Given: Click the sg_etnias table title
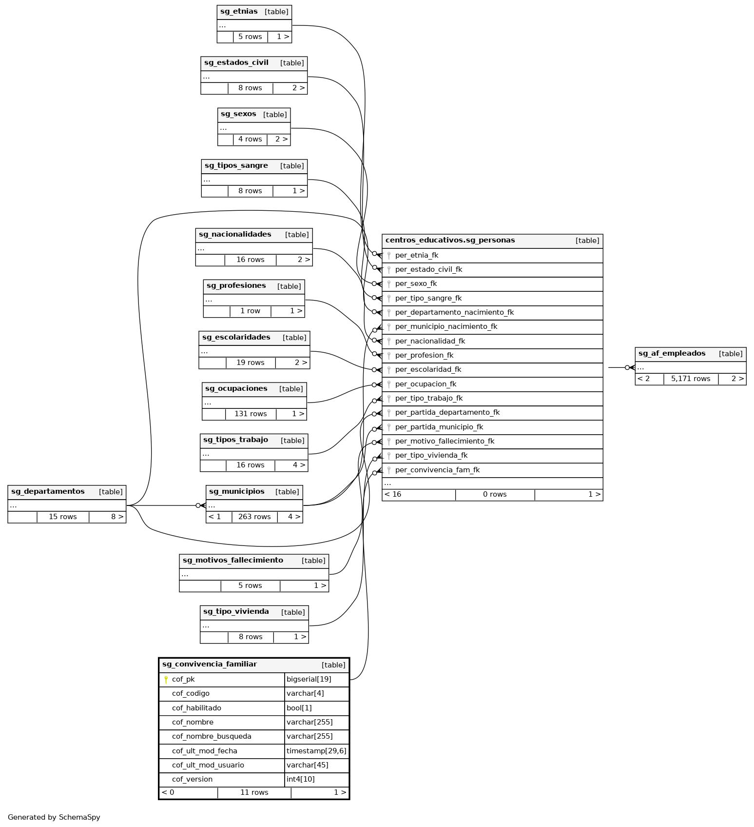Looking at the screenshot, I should point(239,12).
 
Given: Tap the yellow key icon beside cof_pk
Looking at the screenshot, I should point(166,679).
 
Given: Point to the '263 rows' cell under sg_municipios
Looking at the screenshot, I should point(254,517).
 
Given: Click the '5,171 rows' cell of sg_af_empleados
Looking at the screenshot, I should point(690,379).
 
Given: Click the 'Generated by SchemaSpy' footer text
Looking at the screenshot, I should point(54,817).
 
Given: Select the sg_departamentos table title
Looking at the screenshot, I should point(48,491).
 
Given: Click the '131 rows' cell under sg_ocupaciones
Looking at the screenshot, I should point(251,414).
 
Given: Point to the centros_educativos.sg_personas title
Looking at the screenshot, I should point(450,240).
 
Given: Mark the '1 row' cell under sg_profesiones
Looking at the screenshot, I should point(250,311).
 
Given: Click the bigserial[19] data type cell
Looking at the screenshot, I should point(316,679).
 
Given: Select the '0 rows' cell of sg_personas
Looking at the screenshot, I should point(495,494).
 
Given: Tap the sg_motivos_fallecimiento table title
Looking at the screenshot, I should point(232,560).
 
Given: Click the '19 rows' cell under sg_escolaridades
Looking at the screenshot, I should point(251,363).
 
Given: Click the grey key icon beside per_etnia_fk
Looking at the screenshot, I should point(389,255).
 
